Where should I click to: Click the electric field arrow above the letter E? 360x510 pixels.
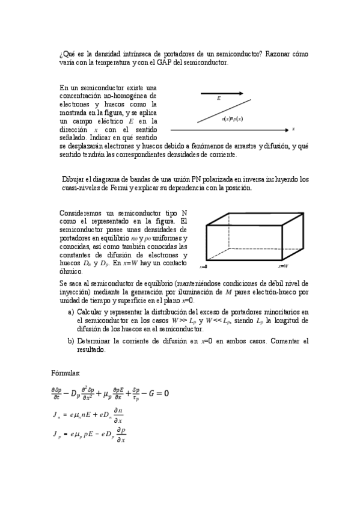point(221,93)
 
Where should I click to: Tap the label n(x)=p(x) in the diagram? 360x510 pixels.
point(232,118)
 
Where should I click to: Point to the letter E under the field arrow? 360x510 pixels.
point(219,99)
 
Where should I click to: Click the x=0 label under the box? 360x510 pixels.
point(203,266)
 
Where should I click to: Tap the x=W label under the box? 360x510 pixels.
point(283,266)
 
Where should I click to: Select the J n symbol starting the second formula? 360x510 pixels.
point(56,416)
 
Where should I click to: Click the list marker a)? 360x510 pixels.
point(71,312)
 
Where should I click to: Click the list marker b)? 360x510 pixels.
point(71,341)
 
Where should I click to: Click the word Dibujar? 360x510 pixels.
point(75,179)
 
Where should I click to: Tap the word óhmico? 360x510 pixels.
point(72,272)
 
